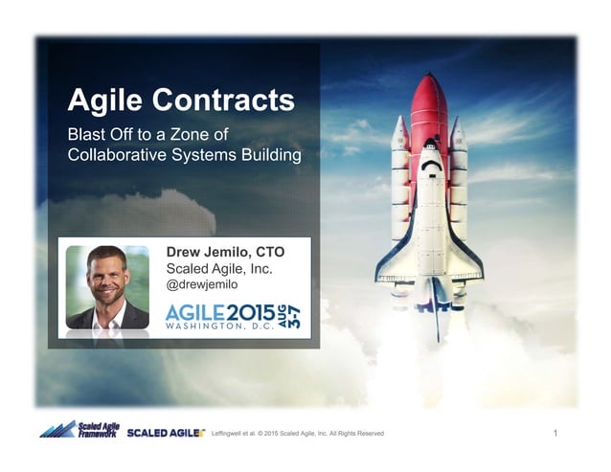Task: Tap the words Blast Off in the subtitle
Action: pyautogui.click(x=100, y=133)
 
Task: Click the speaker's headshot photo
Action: pyautogui.click(x=107, y=287)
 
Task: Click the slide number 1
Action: pyautogui.click(x=556, y=434)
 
